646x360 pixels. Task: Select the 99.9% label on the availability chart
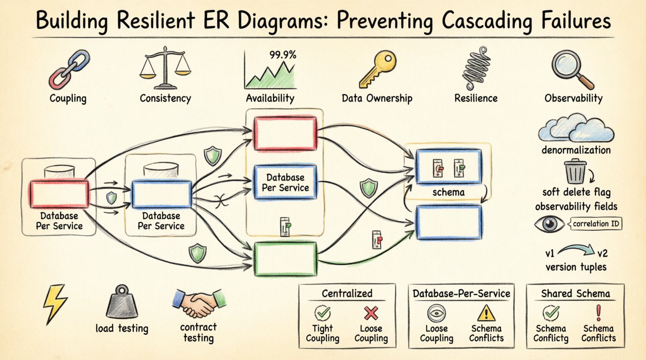pyautogui.click(x=282, y=55)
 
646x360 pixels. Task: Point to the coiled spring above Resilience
pyautogui.click(x=476, y=69)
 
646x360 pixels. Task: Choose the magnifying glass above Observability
pyautogui.click(x=571, y=69)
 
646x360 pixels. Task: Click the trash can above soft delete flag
pyautogui.click(x=575, y=172)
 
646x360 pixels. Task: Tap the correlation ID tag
pyautogui.click(x=596, y=224)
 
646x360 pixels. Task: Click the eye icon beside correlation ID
pyautogui.click(x=549, y=224)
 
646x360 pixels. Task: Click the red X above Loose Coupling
pyautogui.click(x=371, y=313)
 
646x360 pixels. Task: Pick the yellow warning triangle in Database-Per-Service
pyautogui.click(x=486, y=313)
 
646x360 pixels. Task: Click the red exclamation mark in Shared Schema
pyautogui.click(x=598, y=312)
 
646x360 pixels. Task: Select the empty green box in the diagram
pyautogui.click(x=285, y=259)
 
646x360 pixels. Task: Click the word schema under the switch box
pyautogui.click(x=448, y=192)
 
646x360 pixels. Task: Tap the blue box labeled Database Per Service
pyautogui.click(x=285, y=182)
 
